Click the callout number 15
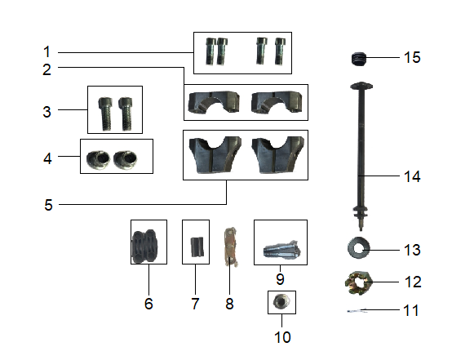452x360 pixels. pos(412,58)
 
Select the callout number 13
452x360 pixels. pos(412,248)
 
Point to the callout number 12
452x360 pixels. pos(412,282)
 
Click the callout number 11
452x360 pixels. pos(412,310)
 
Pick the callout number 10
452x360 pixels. pos(282,336)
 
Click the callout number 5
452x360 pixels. pos(48,205)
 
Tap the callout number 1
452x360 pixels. pos(47,51)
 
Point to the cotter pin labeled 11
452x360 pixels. pos(358,311)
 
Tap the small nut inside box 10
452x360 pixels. pos(282,302)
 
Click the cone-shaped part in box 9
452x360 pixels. pos(280,242)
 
